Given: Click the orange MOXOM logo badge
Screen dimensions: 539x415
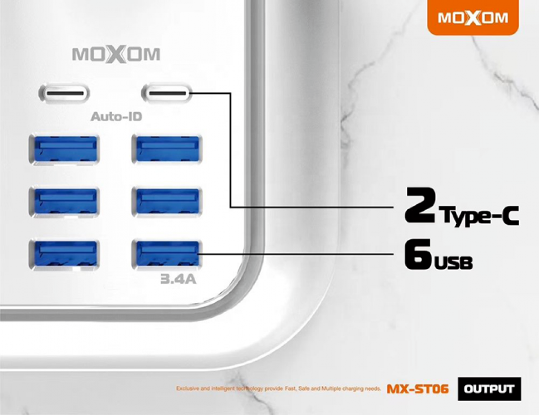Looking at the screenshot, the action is point(473,17).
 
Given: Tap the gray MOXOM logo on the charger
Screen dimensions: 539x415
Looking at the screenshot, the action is point(116,54).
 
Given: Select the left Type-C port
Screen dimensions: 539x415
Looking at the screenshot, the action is point(64,93).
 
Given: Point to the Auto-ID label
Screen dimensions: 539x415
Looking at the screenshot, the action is point(116,117).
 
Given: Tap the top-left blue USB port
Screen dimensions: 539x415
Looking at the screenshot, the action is point(64,149).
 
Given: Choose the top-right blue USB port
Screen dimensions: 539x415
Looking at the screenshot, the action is point(167,149).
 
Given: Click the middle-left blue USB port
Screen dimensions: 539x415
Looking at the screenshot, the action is point(64,202).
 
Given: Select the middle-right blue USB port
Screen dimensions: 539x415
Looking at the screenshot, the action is point(167,202).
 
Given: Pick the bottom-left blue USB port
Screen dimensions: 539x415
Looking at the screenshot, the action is point(64,254).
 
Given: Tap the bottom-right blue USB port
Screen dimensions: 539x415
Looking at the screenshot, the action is point(167,254).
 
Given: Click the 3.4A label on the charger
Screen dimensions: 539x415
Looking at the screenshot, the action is point(178,279).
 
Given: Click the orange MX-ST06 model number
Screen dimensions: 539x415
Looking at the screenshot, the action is point(418,389).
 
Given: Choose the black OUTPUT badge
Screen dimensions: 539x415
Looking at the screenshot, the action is point(489,389).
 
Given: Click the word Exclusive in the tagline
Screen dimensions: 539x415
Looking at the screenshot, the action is point(188,389).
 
